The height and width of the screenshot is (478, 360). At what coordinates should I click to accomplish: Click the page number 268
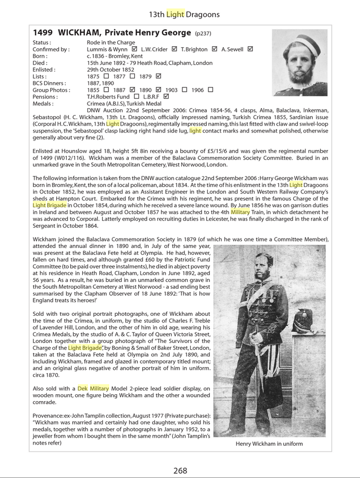[180, 470]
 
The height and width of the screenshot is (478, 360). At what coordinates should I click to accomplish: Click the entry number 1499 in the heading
[43, 33]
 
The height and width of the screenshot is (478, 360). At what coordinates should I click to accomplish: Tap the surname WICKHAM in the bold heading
[83, 33]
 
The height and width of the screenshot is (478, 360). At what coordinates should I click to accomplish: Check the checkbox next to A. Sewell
[250, 49]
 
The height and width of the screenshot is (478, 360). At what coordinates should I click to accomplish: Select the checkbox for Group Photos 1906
[210, 90]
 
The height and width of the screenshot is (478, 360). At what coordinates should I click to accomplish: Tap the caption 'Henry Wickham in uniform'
[269, 444]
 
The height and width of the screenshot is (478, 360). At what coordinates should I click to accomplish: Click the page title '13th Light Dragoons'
[180, 14]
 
